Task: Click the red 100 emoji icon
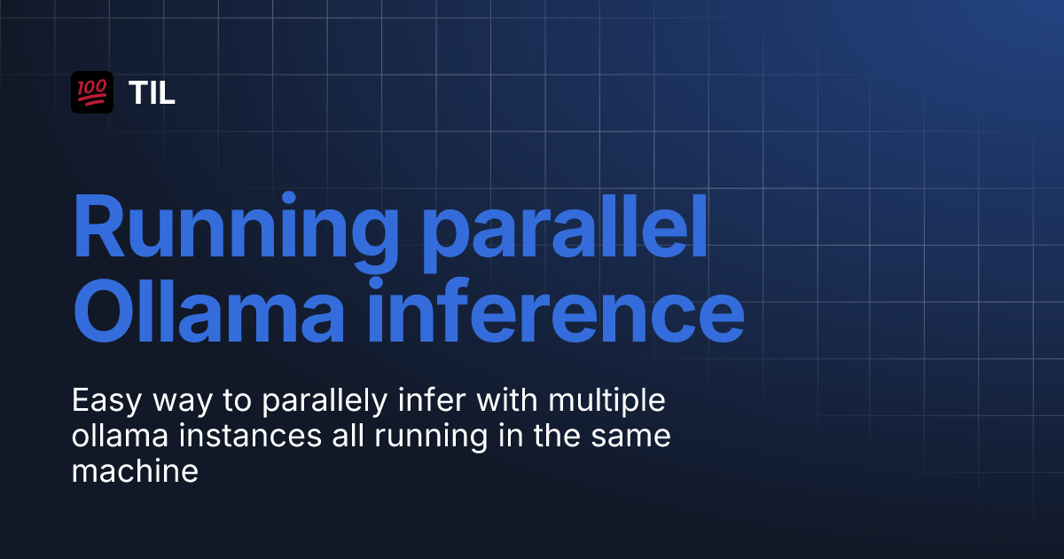pos(92,92)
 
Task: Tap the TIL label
pos(152,92)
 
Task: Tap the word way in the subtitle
pos(183,404)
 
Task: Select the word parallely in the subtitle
pos(325,402)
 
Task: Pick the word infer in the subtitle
pos(432,400)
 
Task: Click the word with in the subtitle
pos(507,400)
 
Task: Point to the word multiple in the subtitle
pos(607,402)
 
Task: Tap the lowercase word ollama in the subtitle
pos(121,436)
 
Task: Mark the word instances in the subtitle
pos(251,436)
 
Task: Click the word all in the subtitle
pos(348,435)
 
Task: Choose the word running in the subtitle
pos(431,437)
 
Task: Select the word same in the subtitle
pos(630,438)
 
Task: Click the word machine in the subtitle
pos(135,470)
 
